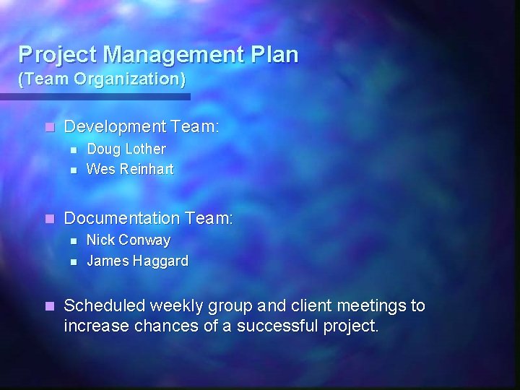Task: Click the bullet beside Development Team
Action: [48, 127]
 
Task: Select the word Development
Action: [116, 127]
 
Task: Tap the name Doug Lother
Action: [126, 149]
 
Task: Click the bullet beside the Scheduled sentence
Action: [48, 306]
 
